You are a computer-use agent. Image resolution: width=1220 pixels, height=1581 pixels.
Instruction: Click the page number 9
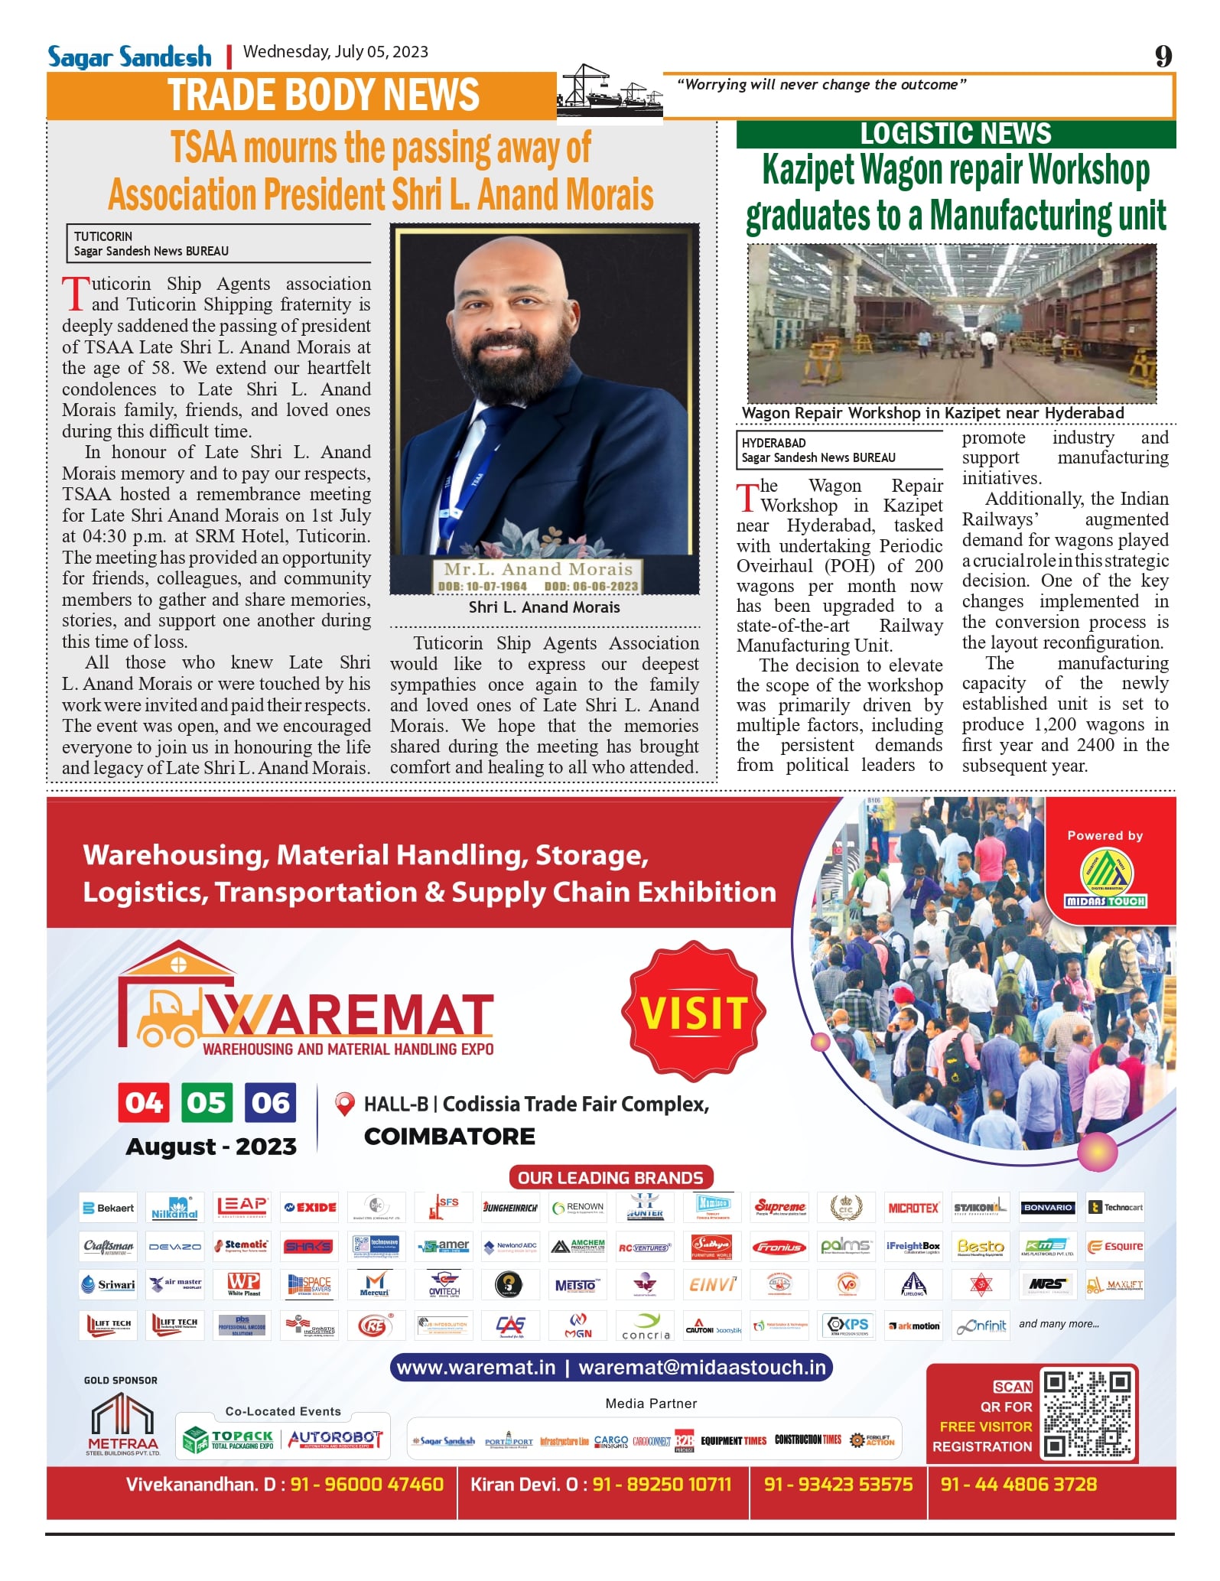[1163, 56]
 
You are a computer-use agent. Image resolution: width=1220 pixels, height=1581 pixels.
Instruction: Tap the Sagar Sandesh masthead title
[129, 57]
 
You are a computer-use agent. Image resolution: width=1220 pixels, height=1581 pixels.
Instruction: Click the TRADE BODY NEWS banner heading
[324, 96]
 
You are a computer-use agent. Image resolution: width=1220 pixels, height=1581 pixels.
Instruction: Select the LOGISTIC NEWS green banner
[955, 134]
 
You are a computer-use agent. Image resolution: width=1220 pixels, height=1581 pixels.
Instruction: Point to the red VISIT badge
[694, 1013]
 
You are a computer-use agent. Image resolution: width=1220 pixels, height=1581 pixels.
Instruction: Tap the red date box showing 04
[143, 1103]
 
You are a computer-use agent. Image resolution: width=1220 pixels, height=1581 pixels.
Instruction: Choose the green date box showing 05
[207, 1103]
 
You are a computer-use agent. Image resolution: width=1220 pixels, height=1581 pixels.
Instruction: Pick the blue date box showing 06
[270, 1103]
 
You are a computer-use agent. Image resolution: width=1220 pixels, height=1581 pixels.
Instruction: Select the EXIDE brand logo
[310, 1207]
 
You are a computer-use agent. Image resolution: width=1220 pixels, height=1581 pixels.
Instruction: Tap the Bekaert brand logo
[108, 1208]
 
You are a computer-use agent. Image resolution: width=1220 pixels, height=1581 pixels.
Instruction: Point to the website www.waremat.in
[476, 1368]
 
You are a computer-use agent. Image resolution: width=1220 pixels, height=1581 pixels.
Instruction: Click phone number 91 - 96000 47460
[366, 1485]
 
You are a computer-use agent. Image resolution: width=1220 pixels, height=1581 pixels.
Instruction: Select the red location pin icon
[345, 1104]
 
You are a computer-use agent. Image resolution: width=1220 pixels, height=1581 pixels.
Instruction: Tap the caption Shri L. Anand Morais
[544, 607]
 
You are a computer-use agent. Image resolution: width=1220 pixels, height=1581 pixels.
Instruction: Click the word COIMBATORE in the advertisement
[450, 1137]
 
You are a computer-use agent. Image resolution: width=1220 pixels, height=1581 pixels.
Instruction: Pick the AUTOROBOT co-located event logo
[335, 1439]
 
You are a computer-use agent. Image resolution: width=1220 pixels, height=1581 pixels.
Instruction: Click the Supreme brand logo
[780, 1207]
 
